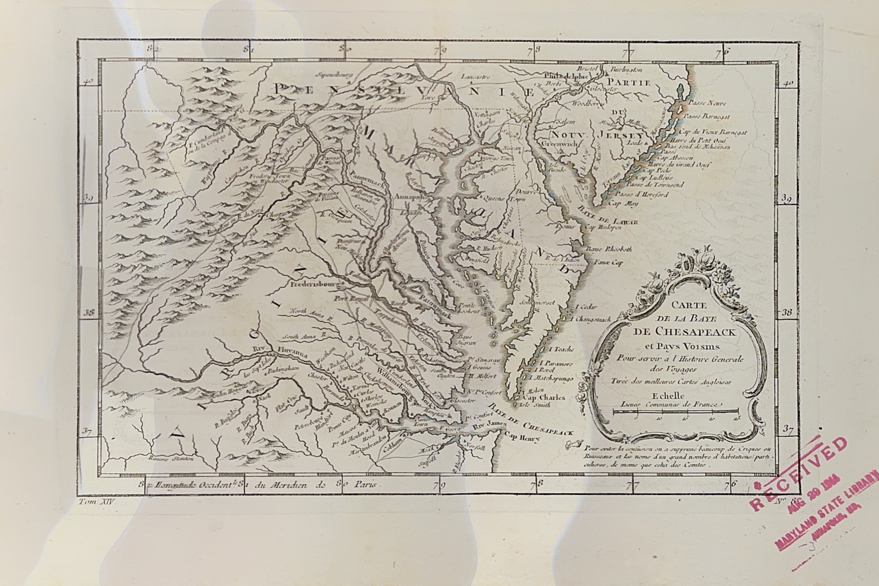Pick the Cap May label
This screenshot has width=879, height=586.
pyautogui.click(x=623, y=204)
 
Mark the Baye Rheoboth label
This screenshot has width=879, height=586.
pyautogui.click(x=609, y=249)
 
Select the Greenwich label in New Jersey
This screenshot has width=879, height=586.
pyautogui.click(x=559, y=143)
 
